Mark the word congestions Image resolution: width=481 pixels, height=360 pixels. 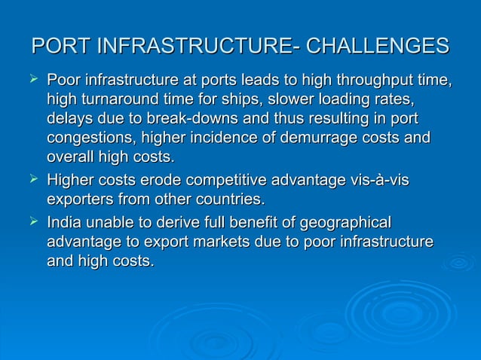pyautogui.click(x=94, y=139)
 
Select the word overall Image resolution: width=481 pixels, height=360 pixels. pyautogui.click(x=69, y=158)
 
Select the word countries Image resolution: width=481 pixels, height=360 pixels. pyautogui.click(x=229, y=200)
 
